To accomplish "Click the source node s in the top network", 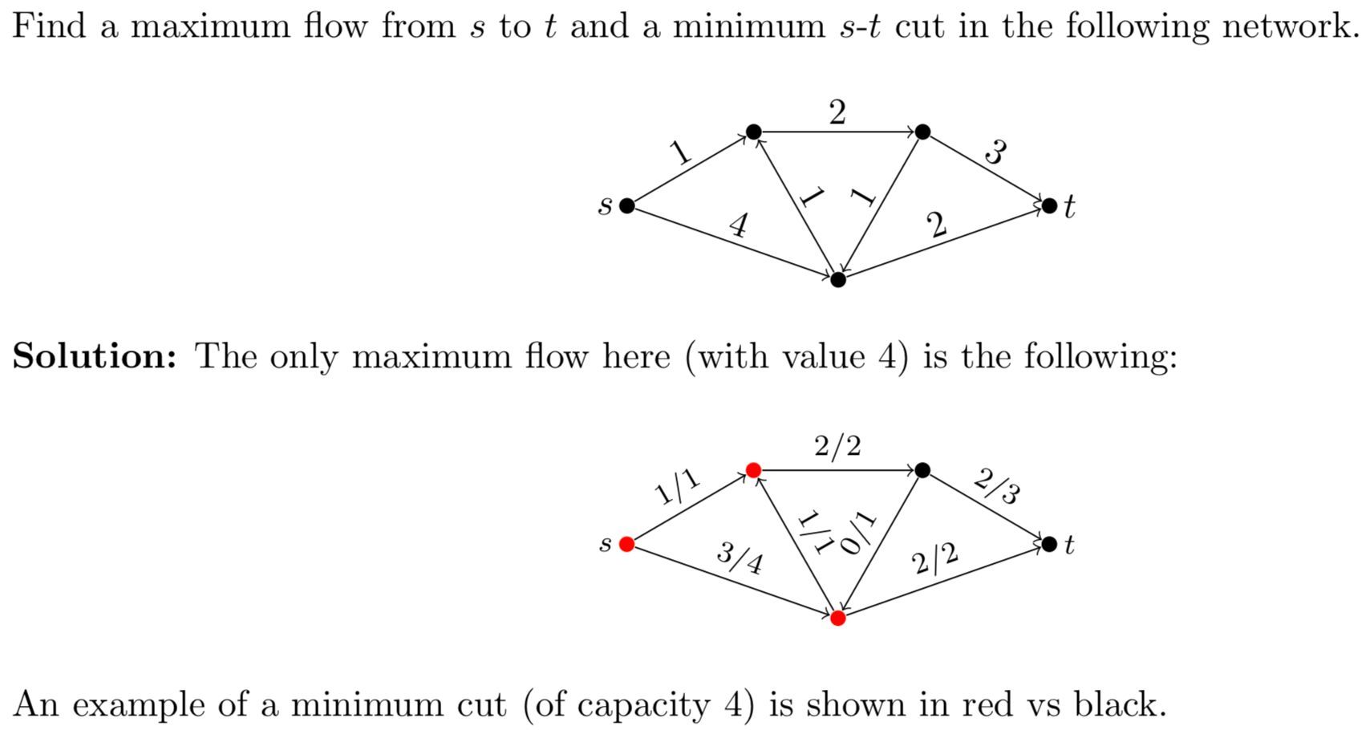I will point(627,206).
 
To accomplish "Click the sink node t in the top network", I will point(1049,206).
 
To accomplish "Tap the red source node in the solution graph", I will point(627,545).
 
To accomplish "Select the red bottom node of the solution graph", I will point(838,618).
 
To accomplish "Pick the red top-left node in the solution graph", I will point(753,470).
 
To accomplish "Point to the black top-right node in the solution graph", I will point(922,470).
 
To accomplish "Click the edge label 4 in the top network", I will point(739,225).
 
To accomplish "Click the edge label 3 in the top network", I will point(995,152).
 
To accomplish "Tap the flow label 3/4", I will point(740,559).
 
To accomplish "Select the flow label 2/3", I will point(997,488).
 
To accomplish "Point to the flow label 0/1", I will point(859,534).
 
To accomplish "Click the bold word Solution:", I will point(95,356).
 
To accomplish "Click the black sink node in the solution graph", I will point(1049,545).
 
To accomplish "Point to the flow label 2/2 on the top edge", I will point(837,446).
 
